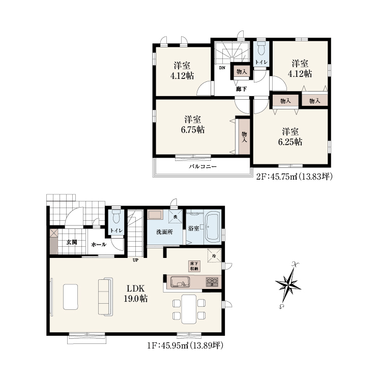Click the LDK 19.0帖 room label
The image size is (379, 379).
136,294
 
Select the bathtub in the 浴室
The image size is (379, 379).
213,227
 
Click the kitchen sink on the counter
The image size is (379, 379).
180,282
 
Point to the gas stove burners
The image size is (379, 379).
212,282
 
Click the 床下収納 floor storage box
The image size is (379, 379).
194,266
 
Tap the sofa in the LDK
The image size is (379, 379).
106,297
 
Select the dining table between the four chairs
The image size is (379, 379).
189,309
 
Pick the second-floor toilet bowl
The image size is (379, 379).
261,49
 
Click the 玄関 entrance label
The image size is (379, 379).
72,242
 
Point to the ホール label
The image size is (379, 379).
99,244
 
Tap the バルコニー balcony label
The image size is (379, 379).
202,166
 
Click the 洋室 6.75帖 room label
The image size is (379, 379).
193,125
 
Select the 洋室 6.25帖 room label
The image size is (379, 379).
290,137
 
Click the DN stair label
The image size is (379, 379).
222,68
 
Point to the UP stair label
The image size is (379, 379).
135,260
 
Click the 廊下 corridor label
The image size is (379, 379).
241,89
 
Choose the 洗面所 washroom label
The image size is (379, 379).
164,232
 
